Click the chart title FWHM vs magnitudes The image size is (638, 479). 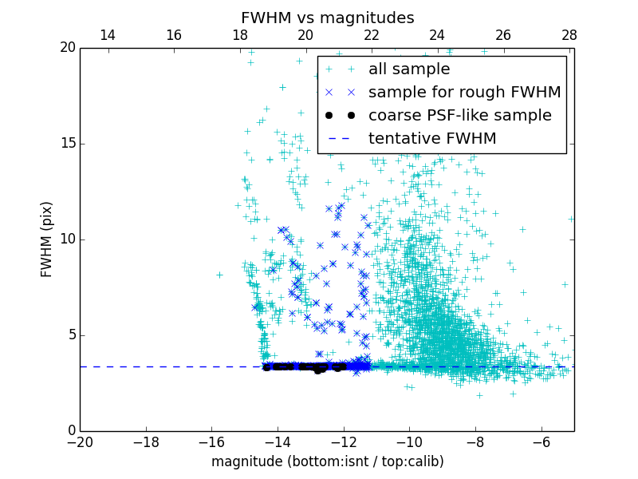tap(327, 18)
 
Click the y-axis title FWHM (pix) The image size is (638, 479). tap(47, 239)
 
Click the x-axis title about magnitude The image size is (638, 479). tap(327, 461)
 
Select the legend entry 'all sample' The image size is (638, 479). tap(409, 69)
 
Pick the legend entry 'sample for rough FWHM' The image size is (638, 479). tap(464, 93)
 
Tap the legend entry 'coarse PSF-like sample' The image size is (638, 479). tap(459, 116)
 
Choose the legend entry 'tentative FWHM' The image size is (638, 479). tap(431, 139)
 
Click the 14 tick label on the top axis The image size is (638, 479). tap(108, 35)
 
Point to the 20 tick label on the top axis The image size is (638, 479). tap(305, 35)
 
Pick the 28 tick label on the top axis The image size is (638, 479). tap(569, 35)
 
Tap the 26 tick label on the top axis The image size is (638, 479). tap(503, 35)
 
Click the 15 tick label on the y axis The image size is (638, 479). tap(66, 144)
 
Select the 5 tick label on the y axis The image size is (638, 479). tap(70, 335)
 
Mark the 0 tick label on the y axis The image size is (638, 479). tap(70, 431)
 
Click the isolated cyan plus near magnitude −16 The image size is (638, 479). tap(219, 275)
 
